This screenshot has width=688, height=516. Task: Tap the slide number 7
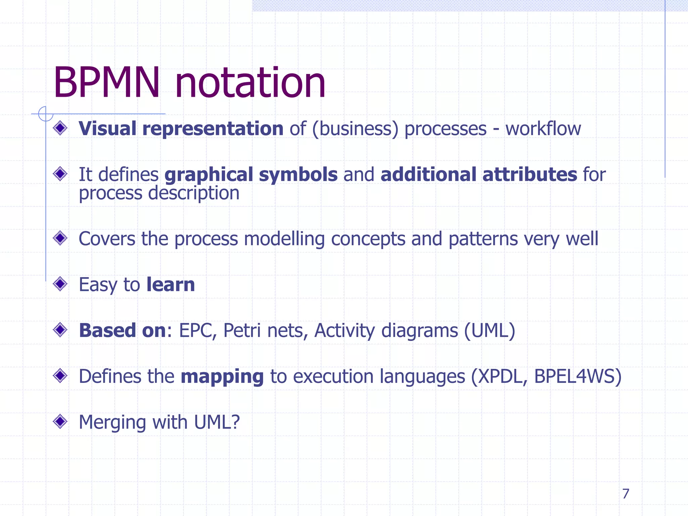[625, 493]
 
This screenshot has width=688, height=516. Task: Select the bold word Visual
[107, 129]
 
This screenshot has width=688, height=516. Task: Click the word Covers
[106, 239]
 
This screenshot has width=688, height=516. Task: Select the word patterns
[483, 240]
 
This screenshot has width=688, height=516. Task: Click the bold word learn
[171, 285]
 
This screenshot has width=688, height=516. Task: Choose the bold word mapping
[222, 377]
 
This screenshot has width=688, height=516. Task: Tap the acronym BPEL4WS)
[577, 377]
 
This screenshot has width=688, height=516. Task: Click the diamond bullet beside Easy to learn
[60, 284]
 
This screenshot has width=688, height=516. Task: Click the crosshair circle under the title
[46, 114]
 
